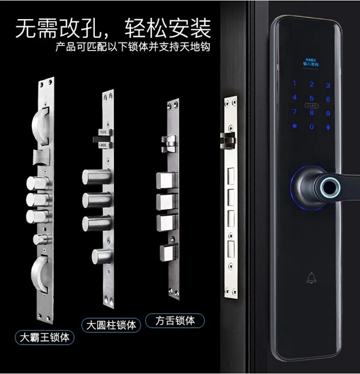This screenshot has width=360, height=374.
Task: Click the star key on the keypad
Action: pyautogui.click(x=295, y=126)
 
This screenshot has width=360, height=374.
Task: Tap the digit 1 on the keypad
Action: pyautogui.click(x=295, y=85)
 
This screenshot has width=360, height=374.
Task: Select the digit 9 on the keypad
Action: pyautogui.click(x=328, y=112)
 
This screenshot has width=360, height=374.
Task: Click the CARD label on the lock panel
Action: pyautogui.click(x=311, y=105)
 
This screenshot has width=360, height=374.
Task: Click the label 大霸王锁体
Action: pyautogui.click(x=45, y=337)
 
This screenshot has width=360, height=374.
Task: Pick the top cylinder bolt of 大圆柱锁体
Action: pyautogui.click(x=96, y=177)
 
